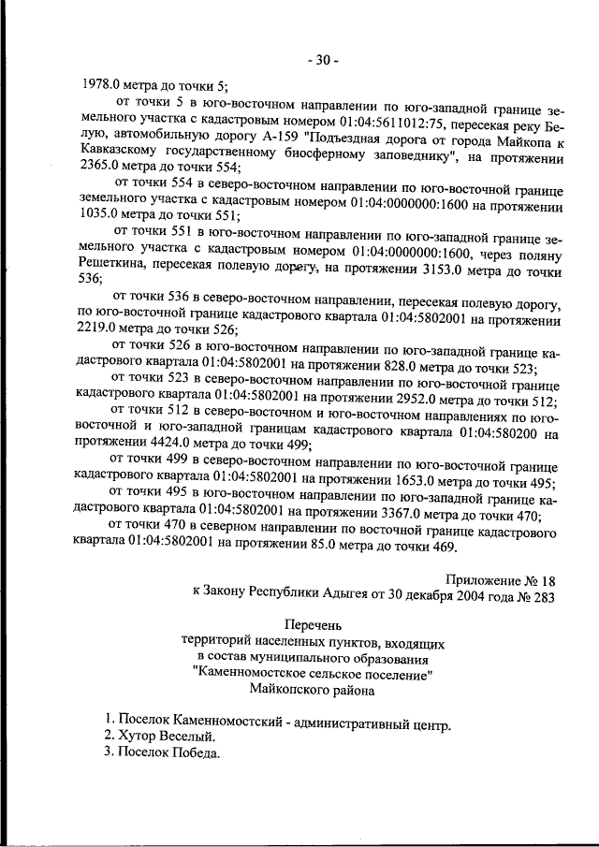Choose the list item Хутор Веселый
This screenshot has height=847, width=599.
pyautogui.click(x=159, y=737)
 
